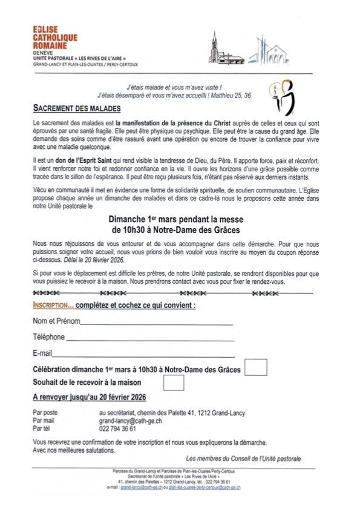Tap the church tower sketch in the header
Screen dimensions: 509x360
214,47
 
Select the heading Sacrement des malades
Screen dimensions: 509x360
76,109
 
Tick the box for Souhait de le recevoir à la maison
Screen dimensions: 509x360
174,383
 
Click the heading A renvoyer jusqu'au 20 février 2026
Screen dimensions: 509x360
90,397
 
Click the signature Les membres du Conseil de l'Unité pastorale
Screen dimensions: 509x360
243,458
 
